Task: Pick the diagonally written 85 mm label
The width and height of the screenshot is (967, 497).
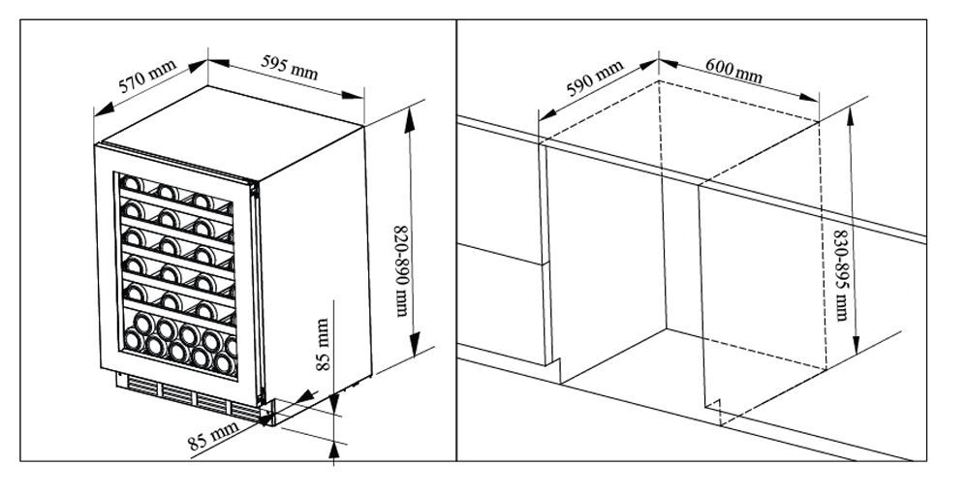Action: pyautogui.click(x=213, y=438)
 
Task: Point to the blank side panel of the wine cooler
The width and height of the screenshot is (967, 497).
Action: pyautogui.click(x=314, y=262)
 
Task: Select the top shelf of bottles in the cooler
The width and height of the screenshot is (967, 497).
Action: pyautogui.click(x=174, y=190)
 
